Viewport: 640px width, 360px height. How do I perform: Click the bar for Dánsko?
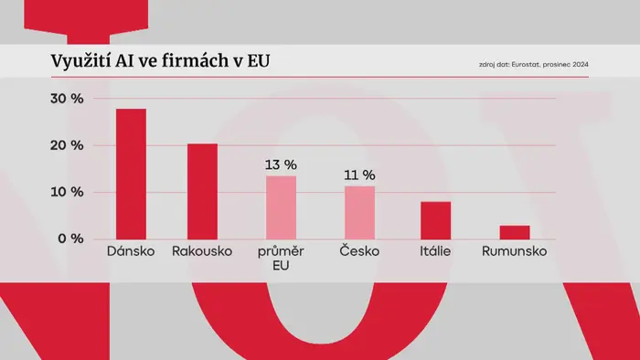tap(131, 175)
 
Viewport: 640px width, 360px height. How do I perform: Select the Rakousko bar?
tap(202, 192)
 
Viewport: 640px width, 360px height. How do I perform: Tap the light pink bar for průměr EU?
tap(282, 208)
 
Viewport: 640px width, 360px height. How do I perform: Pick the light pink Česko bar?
tap(359, 213)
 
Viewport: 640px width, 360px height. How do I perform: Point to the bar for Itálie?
tap(436, 220)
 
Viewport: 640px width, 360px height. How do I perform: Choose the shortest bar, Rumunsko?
tap(515, 232)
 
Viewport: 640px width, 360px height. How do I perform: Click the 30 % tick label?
tap(67, 99)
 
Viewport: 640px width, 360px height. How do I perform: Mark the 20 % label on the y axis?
tap(67, 145)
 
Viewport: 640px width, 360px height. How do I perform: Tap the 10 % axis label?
tap(67, 192)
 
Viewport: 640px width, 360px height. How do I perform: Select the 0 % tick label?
tap(70, 238)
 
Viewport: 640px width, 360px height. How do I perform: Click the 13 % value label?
tap(281, 164)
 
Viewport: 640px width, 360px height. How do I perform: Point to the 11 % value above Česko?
tap(359, 175)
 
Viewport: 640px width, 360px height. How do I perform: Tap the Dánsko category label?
tap(131, 250)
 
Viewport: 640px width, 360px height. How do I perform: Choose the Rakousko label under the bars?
tap(202, 250)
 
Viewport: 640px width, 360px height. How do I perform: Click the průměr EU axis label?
tap(281, 258)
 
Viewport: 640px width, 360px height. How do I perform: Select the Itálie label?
tap(435, 250)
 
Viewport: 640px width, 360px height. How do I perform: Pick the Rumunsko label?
tap(514, 250)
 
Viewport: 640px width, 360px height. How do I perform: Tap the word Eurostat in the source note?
tap(526, 65)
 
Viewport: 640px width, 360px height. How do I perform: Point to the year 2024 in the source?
tap(581, 65)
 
